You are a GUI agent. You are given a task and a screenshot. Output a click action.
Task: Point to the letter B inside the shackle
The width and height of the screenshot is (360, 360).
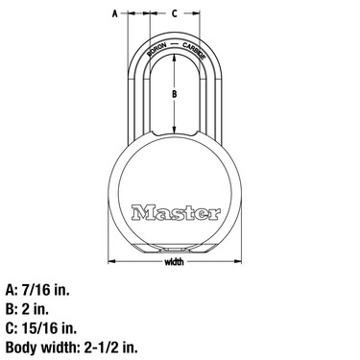(174, 94)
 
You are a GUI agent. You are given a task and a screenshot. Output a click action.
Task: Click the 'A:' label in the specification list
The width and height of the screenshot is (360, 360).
(12, 287)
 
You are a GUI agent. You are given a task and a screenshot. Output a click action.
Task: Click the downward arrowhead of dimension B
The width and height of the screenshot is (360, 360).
(174, 132)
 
